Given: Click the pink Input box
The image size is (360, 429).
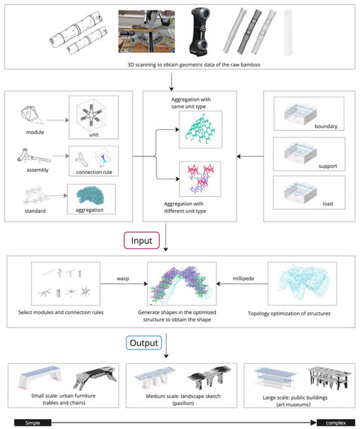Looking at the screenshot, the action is click(x=141, y=241).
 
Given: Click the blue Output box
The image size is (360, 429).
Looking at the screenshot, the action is click(x=144, y=343).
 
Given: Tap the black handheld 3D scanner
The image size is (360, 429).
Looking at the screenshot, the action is click(x=200, y=31).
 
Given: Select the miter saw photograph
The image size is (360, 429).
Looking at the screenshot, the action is click(x=147, y=31).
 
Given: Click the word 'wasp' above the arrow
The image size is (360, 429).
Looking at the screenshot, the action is click(x=123, y=279).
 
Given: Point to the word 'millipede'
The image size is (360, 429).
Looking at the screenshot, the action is click(x=243, y=279).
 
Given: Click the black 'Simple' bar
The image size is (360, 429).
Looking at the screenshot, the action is click(x=33, y=422).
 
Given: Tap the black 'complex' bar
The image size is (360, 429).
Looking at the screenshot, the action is click(x=336, y=422).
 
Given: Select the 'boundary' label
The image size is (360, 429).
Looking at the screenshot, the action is click(x=326, y=126).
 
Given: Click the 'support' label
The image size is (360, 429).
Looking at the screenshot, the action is click(x=328, y=166).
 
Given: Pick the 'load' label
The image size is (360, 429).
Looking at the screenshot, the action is click(x=328, y=203).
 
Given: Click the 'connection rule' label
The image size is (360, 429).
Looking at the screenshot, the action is click(x=94, y=172).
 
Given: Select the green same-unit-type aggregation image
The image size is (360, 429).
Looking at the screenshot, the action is click(x=200, y=129).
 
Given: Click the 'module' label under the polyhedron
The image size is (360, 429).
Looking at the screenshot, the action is click(x=35, y=132).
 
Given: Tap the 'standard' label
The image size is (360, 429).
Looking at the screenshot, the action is click(x=35, y=211).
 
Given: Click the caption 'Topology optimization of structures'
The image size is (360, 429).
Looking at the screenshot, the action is click(x=289, y=313).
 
